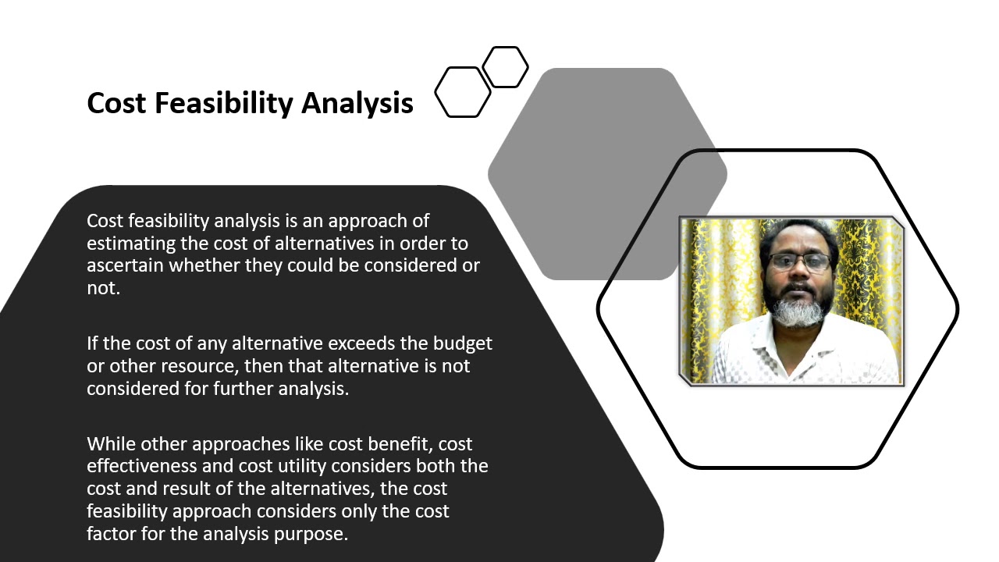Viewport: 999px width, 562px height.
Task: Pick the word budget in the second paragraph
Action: tap(466, 343)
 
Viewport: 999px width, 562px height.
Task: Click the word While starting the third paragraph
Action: tap(108, 444)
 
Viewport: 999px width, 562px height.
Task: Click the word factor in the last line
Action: tap(108, 535)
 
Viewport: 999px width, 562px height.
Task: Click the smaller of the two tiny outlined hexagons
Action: tap(505, 67)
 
